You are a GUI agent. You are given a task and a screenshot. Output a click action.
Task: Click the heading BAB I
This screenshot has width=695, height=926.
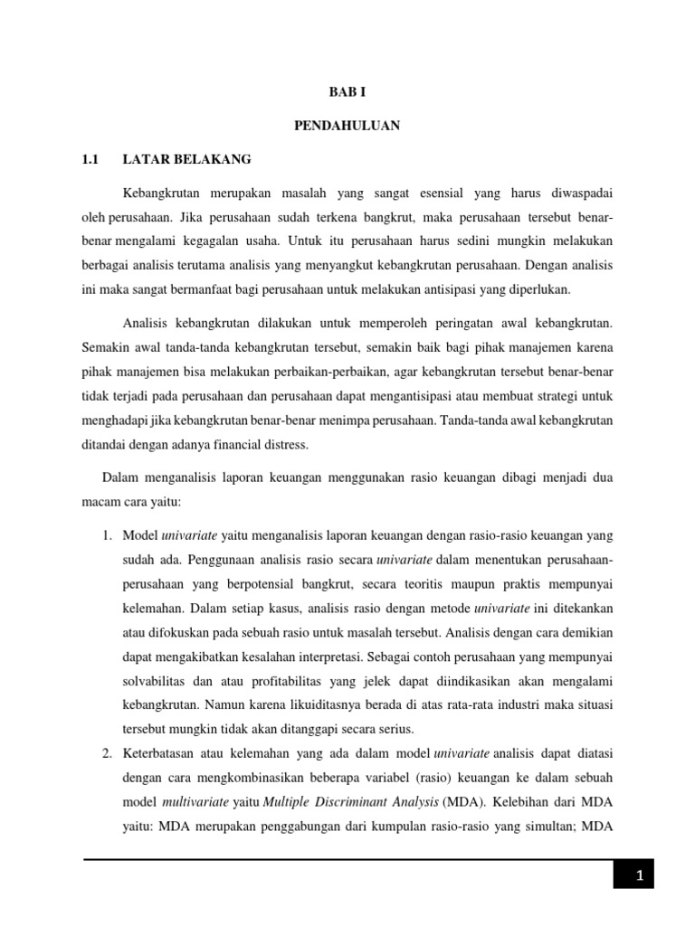click(x=347, y=92)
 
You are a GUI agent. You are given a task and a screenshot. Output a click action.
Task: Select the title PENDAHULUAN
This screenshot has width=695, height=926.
click(x=347, y=126)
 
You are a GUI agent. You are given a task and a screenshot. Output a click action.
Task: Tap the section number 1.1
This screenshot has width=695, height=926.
click(x=89, y=159)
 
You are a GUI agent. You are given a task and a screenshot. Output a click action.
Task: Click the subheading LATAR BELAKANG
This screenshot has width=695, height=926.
click(x=186, y=159)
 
